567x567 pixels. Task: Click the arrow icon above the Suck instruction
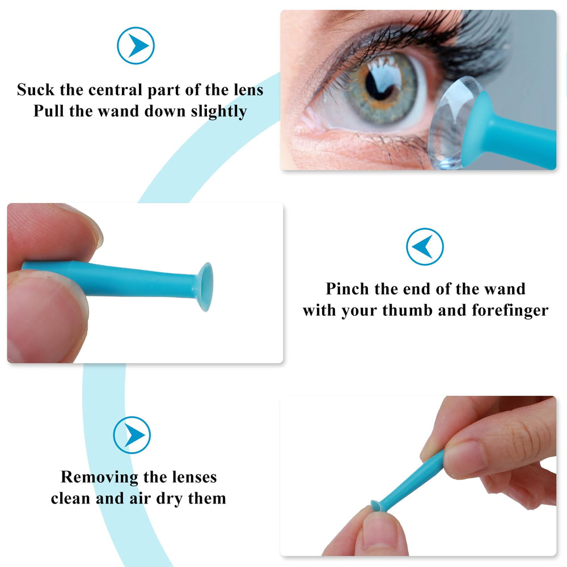click(136, 45)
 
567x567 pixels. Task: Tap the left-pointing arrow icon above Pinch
click(425, 247)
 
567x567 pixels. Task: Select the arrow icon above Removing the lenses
click(132, 435)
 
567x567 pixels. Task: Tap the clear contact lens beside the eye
click(448, 122)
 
